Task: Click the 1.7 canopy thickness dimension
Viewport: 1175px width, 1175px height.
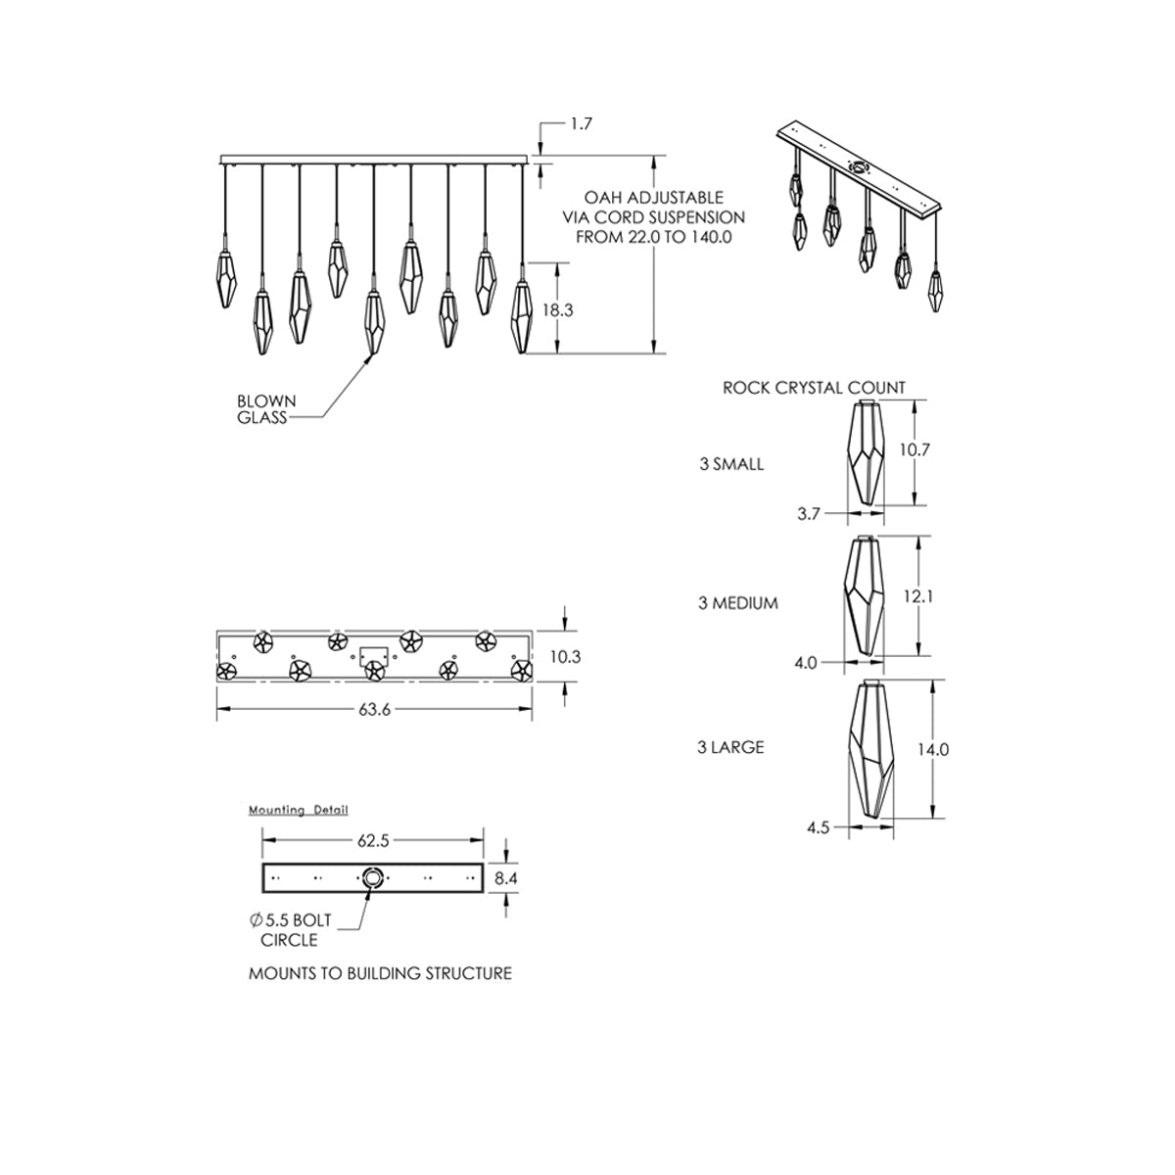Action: [x=581, y=123]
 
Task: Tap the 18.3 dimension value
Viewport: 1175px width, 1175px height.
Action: [x=558, y=310]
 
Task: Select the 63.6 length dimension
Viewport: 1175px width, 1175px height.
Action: [x=374, y=709]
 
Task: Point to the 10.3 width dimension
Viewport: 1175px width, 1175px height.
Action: [x=565, y=657]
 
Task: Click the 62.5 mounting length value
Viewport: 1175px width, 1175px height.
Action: [x=373, y=841]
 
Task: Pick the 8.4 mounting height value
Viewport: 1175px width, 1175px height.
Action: [x=506, y=878]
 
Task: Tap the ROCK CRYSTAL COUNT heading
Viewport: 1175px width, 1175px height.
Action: [x=814, y=388]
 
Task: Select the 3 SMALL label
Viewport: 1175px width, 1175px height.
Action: [x=731, y=464]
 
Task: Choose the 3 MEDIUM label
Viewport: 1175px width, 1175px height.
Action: [x=738, y=603]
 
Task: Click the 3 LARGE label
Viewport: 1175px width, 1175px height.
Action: [x=730, y=747]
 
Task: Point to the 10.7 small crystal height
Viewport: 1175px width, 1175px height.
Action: [x=915, y=449]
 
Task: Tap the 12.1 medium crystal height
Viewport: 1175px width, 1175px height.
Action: [x=918, y=595]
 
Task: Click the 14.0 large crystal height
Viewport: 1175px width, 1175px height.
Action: [x=933, y=749]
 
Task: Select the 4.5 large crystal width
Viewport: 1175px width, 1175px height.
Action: [x=819, y=827]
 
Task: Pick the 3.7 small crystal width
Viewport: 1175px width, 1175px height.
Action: [x=809, y=514]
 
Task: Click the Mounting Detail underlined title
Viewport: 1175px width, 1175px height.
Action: [x=299, y=810]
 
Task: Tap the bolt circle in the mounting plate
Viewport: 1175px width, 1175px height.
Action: [x=371, y=877]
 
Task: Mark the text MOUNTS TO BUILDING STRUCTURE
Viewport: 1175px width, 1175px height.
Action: [x=380, y=973]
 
